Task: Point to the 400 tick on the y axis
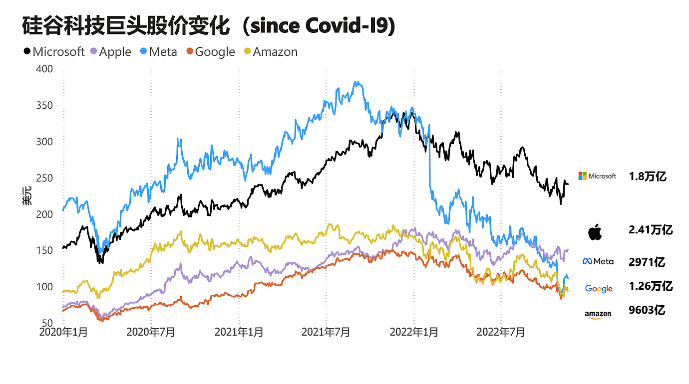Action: pos(45,69)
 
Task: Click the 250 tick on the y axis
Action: pos(45,178)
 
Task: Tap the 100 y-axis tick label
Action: pos(45,287)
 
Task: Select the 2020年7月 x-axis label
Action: pos(151,332)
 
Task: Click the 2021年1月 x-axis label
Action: pos(239,332)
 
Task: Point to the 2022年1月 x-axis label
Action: pos(414,332)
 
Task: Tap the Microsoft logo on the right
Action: pos(597,176)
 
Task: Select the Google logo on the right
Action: pos(599,289)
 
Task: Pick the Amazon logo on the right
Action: pos(598,314)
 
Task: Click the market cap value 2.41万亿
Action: pos(651,230)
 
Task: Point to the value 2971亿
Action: pos(647,262)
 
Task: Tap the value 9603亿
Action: pos(647,310)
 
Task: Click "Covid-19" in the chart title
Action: pos(349,26)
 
